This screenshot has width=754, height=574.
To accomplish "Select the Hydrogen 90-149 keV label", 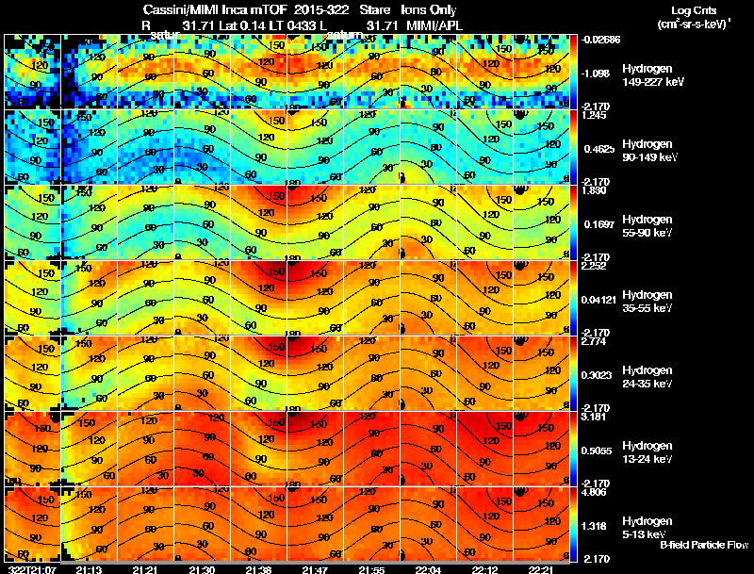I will coord(648,150).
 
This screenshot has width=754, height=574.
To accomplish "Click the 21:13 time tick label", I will coord(89,569).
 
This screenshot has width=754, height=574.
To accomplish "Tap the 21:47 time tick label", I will coord(315,569).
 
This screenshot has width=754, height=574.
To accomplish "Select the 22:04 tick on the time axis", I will coord(427,569).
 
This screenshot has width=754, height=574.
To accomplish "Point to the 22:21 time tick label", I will coord(540,569).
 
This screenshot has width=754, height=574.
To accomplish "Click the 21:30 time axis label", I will coord(202,569).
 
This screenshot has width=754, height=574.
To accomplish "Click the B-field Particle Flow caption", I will coord(703,545).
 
